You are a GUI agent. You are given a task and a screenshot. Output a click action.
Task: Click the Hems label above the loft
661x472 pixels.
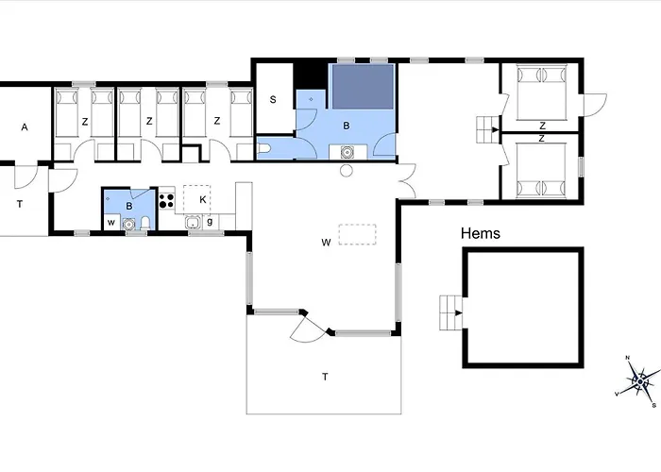(x=480, y=233)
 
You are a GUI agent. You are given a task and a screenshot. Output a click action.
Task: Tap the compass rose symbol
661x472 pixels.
(x=639, y=381)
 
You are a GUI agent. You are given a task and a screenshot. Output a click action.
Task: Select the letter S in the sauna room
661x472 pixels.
(x=273, y=99)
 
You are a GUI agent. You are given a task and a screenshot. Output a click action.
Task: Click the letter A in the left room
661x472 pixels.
(x=25, y=126)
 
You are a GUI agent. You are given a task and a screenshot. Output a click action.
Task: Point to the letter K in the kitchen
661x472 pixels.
(x=203, y=199)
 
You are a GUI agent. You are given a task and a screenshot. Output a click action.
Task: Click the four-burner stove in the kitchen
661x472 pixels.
(x=166, y=200)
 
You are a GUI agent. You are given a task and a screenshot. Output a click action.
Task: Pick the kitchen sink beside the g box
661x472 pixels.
(x=193, y=222)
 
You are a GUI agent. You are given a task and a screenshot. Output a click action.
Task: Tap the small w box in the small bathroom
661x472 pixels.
(x=111, y=222)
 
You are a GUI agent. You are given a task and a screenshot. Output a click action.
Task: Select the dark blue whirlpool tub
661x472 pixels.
(x=363, y=87)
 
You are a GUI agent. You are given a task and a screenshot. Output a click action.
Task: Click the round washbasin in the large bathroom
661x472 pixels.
(x=347, y=152)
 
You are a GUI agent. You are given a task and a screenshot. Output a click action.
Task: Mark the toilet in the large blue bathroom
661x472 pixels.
(x=263, y=149)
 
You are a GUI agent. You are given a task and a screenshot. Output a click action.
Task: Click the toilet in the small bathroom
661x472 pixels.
(x=145, y=223)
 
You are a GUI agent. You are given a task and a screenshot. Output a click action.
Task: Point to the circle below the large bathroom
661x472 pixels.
(x=347, y=171)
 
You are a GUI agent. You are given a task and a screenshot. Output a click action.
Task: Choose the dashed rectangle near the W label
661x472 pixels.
(x=358, y=234)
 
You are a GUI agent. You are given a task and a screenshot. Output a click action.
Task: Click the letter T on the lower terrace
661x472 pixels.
(x=325, y=377)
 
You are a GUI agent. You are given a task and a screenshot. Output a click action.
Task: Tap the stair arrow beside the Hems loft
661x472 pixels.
(x=458, y=312)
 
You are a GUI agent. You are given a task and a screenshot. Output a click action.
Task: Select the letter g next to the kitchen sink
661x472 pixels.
(x=210, y=221)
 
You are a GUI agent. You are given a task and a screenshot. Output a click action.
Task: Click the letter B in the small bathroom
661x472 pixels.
(x=129, y=206)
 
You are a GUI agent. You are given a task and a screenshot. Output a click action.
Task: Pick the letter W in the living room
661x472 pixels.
(x=326, y=243)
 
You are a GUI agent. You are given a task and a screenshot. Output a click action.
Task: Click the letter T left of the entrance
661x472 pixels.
(x=20, y=204)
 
